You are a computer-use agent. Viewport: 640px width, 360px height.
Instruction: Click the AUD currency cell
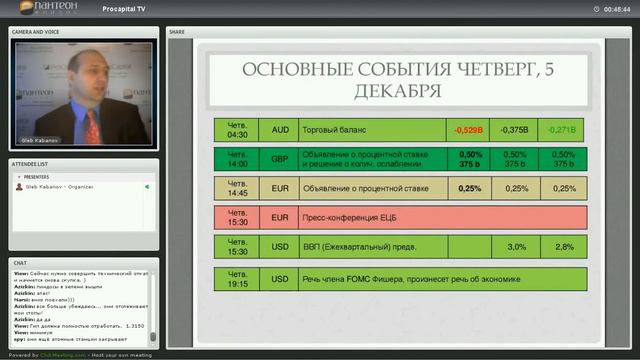[x=280, y=130]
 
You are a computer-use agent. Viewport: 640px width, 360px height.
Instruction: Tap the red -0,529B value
[x=468, y=130]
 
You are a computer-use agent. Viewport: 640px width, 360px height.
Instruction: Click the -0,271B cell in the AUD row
[x=564, y=130]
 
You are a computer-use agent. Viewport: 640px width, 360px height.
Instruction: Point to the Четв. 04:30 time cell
[x=237, y=130]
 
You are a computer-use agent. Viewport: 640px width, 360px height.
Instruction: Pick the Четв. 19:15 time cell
[x=237, y=279]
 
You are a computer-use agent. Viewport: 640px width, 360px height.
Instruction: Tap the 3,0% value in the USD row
[x=516, y=247]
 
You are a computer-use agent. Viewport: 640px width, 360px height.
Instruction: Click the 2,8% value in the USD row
[x=564, y=247]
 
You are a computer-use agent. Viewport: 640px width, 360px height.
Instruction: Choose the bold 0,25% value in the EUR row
[x=469, y=188]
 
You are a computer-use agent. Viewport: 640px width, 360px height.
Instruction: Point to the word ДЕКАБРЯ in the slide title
[x=398, y=91]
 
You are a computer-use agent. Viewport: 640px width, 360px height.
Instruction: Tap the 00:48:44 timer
[x=616, y=9]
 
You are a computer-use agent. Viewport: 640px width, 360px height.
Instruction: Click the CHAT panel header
[x=20, y=263]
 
